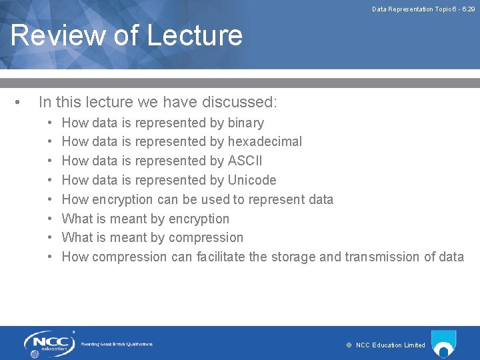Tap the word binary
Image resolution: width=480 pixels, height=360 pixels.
245,123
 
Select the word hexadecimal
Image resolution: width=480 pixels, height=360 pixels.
265,142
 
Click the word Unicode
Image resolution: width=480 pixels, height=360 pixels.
251,181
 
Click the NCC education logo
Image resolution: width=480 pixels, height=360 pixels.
48,343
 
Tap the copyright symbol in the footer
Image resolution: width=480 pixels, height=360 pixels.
349,345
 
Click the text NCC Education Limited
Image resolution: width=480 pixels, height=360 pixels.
391,345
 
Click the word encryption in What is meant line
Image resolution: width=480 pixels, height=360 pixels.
199,219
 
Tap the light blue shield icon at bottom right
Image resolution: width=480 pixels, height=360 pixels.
443,342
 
